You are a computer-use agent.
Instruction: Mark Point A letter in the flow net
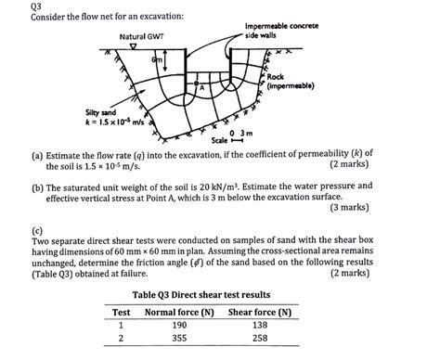(x=200, y=86)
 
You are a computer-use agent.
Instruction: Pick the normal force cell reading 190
(x=179, y=326)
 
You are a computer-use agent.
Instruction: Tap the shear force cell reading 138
(x=261, y=326)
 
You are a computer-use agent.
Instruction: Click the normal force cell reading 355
(x=179, y=341)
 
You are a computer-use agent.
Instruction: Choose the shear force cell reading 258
(x=261, y=341)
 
